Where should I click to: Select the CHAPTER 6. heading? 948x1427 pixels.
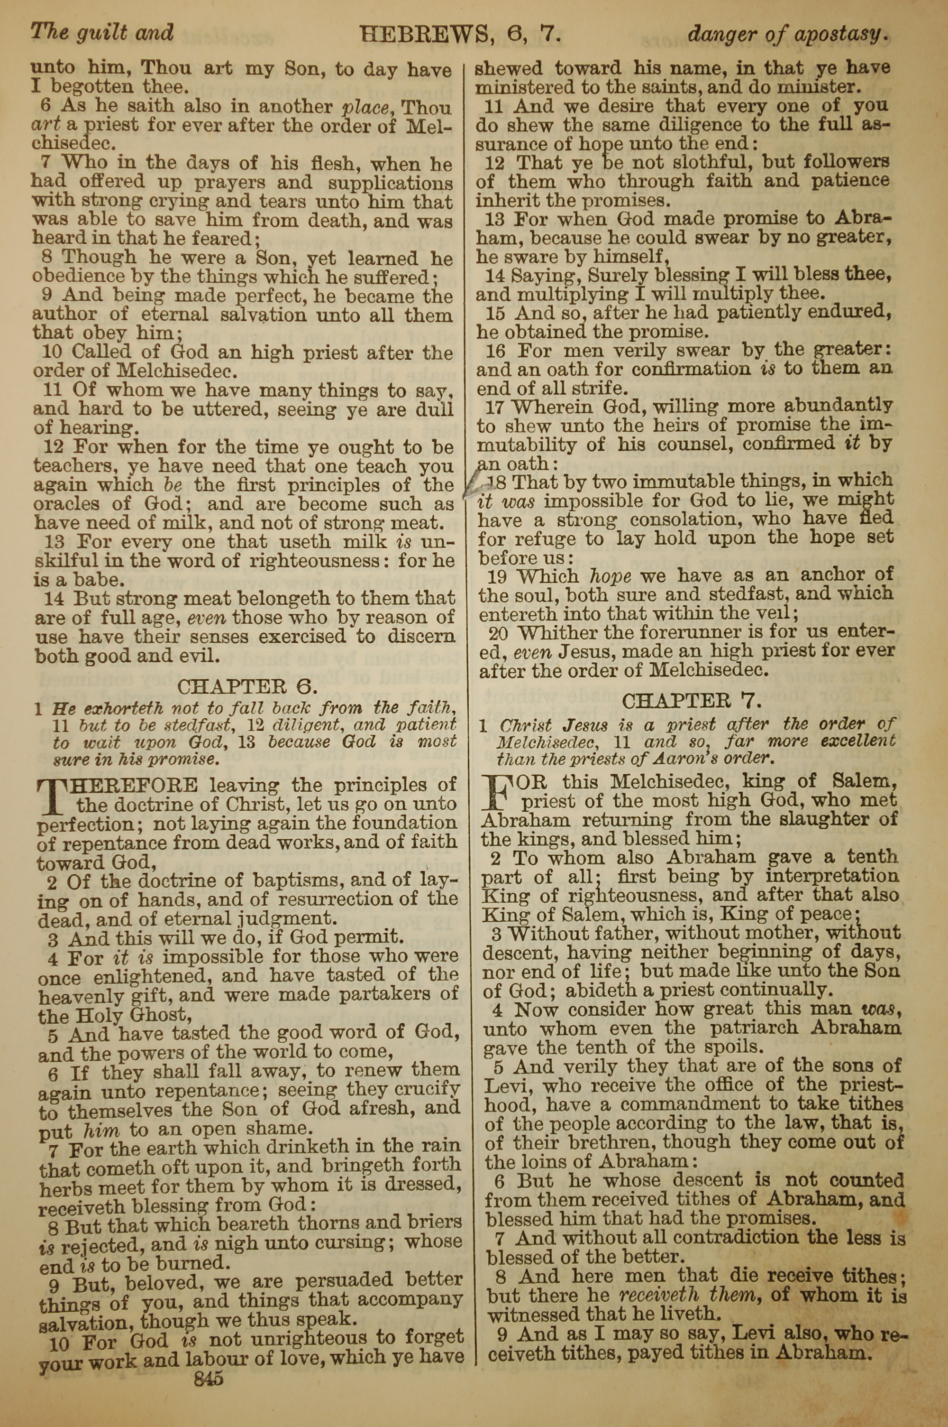(x=246, y=686)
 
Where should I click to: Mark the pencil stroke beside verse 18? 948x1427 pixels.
(x=471, y=484)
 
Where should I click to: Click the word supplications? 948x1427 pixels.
(x=390, y=182)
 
